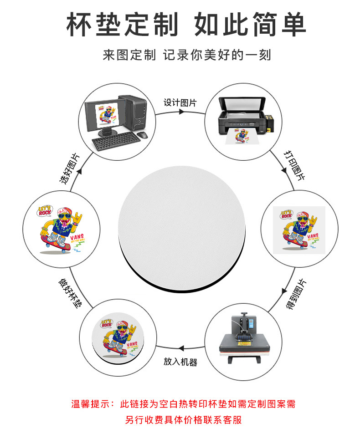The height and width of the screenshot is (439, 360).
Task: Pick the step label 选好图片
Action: pyautogui.click(x=69, y=168)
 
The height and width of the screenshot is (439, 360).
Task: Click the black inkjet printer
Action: pyautogui.click(x=242, y=114)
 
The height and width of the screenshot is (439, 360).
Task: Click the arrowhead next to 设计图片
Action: pyautogui.click(x=181, y=112)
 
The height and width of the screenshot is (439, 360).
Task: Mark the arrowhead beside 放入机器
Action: pyautogui.click(x=181, y=348)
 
